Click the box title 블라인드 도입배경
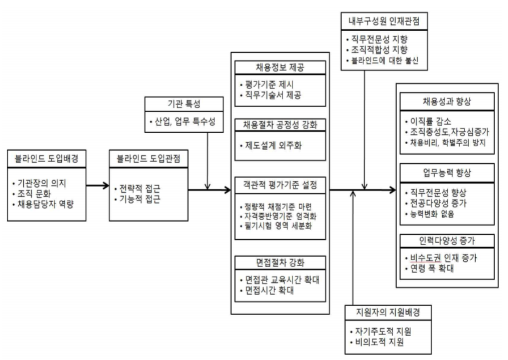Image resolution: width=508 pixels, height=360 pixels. pos(46,158)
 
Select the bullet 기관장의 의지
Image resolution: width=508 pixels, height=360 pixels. pos(42,184)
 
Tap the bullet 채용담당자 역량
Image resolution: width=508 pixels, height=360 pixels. pos(46,204)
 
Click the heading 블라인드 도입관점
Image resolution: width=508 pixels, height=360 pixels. pos(149,158)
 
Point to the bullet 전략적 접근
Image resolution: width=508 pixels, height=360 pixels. pos(140,188)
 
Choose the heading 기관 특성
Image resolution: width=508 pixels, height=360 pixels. pos(184,104)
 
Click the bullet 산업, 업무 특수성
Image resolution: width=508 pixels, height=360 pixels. pos(185,121)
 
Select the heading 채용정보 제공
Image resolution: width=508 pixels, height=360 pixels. pos(280,67)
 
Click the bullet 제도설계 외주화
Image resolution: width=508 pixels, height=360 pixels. pos(273,146)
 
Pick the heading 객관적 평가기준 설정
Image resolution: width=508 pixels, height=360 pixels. pos(280,185)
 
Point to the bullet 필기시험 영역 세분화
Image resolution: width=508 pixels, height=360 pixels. pos(278,226)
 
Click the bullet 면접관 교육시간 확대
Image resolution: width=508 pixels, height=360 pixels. pos(282,279)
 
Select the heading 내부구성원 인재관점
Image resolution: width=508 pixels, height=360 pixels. pos(384,22)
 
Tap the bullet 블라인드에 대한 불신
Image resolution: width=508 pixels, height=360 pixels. pos(385,60)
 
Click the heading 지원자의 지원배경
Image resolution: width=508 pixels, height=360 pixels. pos(388,312)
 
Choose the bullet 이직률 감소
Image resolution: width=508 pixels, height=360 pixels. pos(431,121)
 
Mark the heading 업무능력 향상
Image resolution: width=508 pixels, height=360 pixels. pos(447,173)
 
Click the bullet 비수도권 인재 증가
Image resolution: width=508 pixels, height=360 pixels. pos(444,258)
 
